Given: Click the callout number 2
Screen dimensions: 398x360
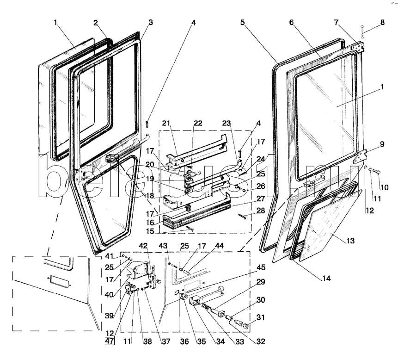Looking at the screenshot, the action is click(x=95, y=23).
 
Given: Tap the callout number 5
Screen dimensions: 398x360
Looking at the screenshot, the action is click(x=243, y=22).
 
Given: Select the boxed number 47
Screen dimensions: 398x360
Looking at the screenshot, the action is click(x=110, y=341).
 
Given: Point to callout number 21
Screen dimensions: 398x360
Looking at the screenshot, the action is click(x=166, y=123).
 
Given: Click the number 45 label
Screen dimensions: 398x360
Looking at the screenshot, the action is click(x=261, y=267).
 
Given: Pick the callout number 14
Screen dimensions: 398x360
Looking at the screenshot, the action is click(x=326, y=279).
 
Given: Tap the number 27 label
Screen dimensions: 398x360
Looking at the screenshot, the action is click(x=261, y=199).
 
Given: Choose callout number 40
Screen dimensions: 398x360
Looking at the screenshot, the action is click(x=110, y=295).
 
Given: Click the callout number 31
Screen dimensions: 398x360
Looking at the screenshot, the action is click(x=261, y=317).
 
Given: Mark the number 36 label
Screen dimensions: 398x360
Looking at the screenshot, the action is click(x=184, y=341).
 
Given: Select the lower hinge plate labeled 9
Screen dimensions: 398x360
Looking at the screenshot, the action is click(x=360, y=157).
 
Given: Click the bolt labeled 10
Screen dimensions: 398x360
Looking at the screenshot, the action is click(x=376, y=172).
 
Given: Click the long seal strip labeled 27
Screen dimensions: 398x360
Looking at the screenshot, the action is click(x=197, y=211).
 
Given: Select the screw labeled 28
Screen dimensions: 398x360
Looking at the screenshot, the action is click(x=242, y=217).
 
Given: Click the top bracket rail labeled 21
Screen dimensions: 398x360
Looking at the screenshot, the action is click(x=196, y=150).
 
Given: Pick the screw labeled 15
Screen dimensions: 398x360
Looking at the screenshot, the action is click(x=190, y=228).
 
